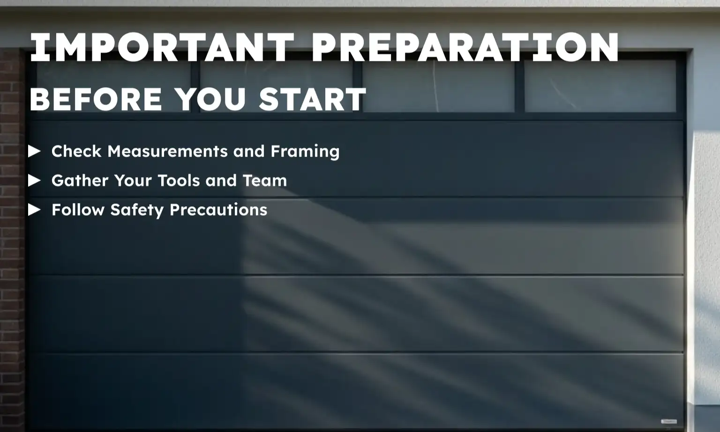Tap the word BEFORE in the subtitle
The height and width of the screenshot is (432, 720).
[96, 99]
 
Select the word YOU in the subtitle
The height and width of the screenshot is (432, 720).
[210, 99]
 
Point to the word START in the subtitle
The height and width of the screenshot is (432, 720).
[312, 99]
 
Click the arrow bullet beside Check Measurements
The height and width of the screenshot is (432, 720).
[34, 151]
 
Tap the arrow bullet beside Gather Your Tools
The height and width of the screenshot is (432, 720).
[34, 180]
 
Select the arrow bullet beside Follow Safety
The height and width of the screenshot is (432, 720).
[34, 210]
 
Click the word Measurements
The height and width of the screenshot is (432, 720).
[168, 151]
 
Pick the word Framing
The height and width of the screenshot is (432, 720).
[305, 151]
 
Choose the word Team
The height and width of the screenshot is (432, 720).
[264, 180]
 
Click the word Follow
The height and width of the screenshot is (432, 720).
[78, 210]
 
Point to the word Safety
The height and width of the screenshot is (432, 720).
[136, 210]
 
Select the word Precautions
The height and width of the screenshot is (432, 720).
[218, 210]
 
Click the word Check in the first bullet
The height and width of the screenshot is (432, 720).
[76, 151]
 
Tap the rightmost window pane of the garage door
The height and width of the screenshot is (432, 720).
[600, 87]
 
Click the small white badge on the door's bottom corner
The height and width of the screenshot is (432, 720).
[668, 421]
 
